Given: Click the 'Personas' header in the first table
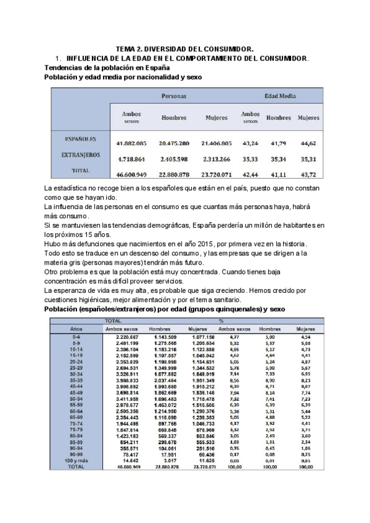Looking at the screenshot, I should (174, 96).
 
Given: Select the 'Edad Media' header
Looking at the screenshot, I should (280, 96).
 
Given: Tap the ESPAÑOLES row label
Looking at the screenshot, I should (80, 139).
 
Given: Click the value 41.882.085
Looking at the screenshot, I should (131, 143).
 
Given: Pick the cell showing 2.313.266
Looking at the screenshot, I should (216, 159).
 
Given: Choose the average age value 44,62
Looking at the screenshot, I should (308, 143).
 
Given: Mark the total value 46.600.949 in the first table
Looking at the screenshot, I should (131, 175).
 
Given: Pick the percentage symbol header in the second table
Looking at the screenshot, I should (220, 321).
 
